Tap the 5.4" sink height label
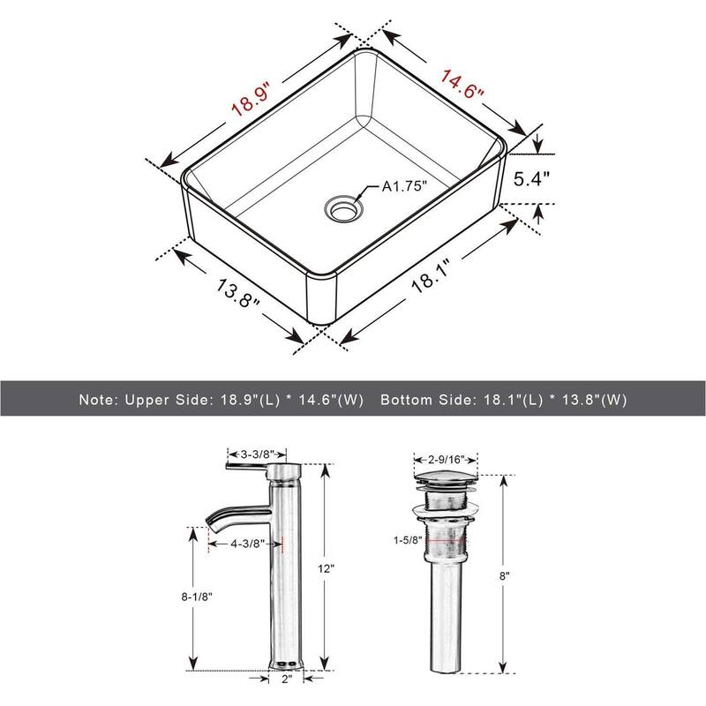pos(532,176)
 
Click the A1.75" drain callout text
pos(404,186)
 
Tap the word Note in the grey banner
pos(95,399)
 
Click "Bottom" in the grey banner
pos(409,399)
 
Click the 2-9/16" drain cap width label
pos(447,460)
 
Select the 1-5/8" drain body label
pos(409,538)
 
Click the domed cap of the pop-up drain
pos(446,478)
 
